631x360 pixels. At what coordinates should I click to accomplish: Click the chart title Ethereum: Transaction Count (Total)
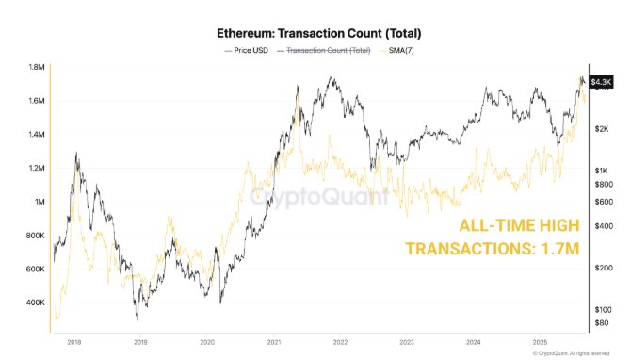315,27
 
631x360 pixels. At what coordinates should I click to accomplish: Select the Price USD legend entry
248,49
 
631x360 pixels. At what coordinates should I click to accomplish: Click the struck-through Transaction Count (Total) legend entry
328,49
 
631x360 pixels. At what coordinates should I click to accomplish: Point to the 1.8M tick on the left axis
37,68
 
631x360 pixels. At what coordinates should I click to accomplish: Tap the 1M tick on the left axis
40,202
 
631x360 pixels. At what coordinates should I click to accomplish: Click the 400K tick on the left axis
36,303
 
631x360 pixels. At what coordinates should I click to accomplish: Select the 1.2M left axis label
37,169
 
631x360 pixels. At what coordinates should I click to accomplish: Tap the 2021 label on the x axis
274,343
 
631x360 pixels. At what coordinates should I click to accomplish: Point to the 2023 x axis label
408,343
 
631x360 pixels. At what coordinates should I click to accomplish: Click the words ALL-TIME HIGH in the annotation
517,226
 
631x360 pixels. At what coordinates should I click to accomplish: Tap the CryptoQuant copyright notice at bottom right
575,353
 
